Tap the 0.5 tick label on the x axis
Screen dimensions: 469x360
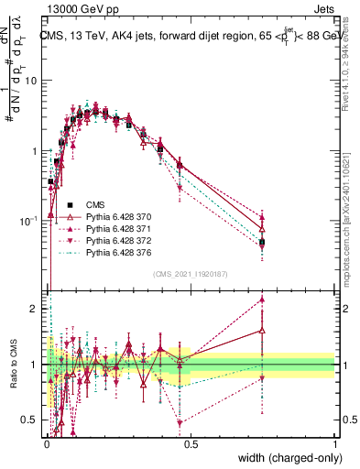click(x=190, y=442)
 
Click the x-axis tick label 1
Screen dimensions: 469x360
click(x=335, y=442)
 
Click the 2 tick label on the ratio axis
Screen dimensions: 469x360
click(x=35, y=309)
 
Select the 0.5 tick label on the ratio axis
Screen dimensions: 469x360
click(x=31, y=420)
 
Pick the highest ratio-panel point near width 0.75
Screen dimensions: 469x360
click(x=263, y=299)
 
